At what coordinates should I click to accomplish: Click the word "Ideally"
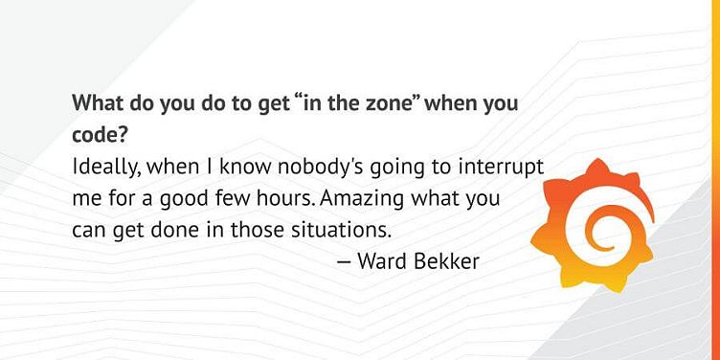pyautogui.click(x=105, y=167)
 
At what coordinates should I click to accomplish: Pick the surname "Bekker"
pyautogui.click(x=446, y=260)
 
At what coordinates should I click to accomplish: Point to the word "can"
pyautogui.click(x=88, y=231)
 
